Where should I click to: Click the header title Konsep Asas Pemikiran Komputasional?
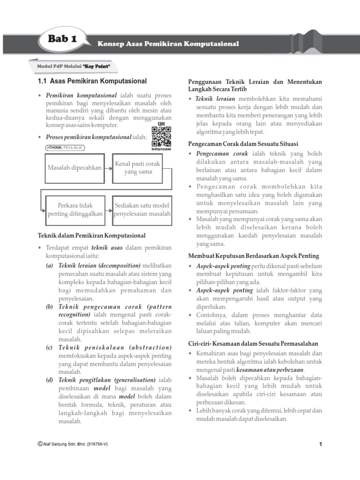pos(168,44)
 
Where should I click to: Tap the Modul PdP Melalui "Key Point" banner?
pos(73,66)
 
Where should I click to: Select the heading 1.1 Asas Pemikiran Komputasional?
pos(92,81)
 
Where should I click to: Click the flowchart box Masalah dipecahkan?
pos(75,167)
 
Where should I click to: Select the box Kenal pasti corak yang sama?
pos(137,167)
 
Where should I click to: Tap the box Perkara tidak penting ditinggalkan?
pos(75,210)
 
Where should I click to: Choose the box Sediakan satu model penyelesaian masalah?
pos(142,210)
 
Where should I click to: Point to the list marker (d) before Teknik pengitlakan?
pos(49,380)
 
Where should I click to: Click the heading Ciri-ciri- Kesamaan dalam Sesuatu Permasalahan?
pos(253,344)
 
